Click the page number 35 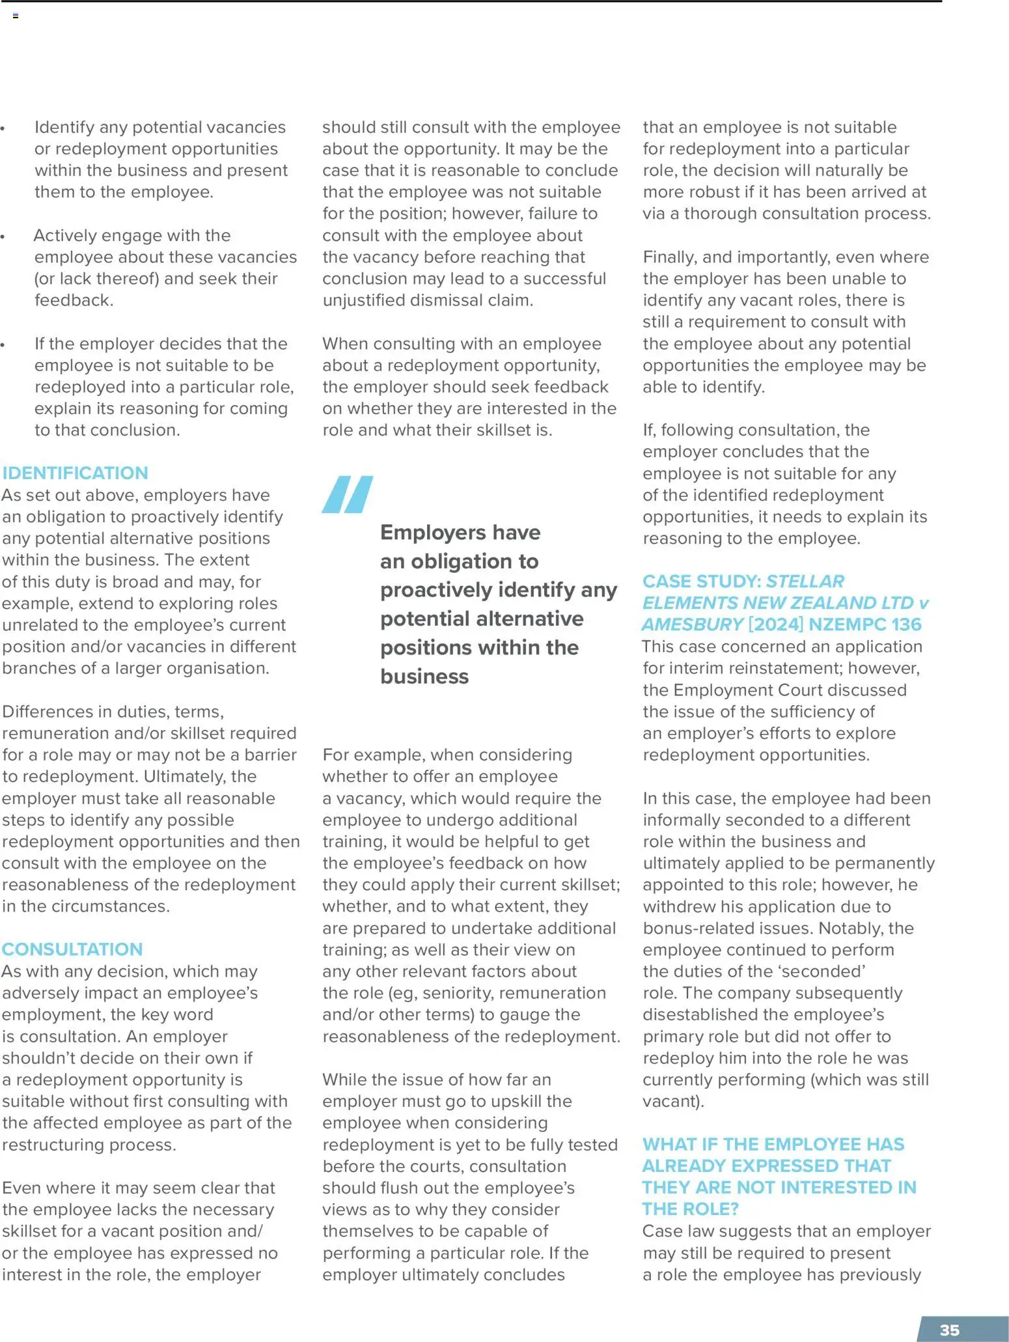[949, 1330]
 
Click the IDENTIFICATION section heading [75, 473]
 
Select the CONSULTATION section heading [72, 949]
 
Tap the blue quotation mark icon [348, 494]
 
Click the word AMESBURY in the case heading [693, 624]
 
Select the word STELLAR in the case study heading [805, 581]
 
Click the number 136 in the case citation [906, 624]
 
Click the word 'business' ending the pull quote [424, 677]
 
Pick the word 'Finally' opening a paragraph [667, 257]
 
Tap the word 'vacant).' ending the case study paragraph [673, 1101]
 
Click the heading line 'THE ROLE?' [691, 1209]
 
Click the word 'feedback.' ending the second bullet [74, 300]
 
